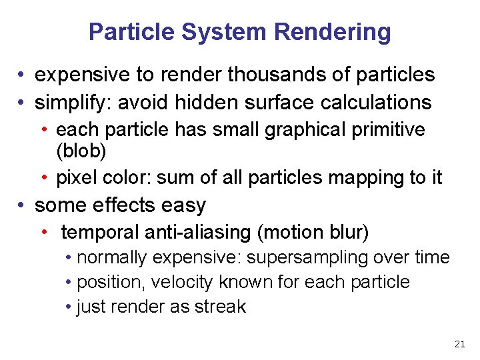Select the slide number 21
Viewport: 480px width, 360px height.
pos(459,344)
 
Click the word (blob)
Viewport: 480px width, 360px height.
pos(81,151)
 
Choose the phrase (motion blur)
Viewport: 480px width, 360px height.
pos(313,233)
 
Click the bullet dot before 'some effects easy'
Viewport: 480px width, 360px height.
pos(23,205)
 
